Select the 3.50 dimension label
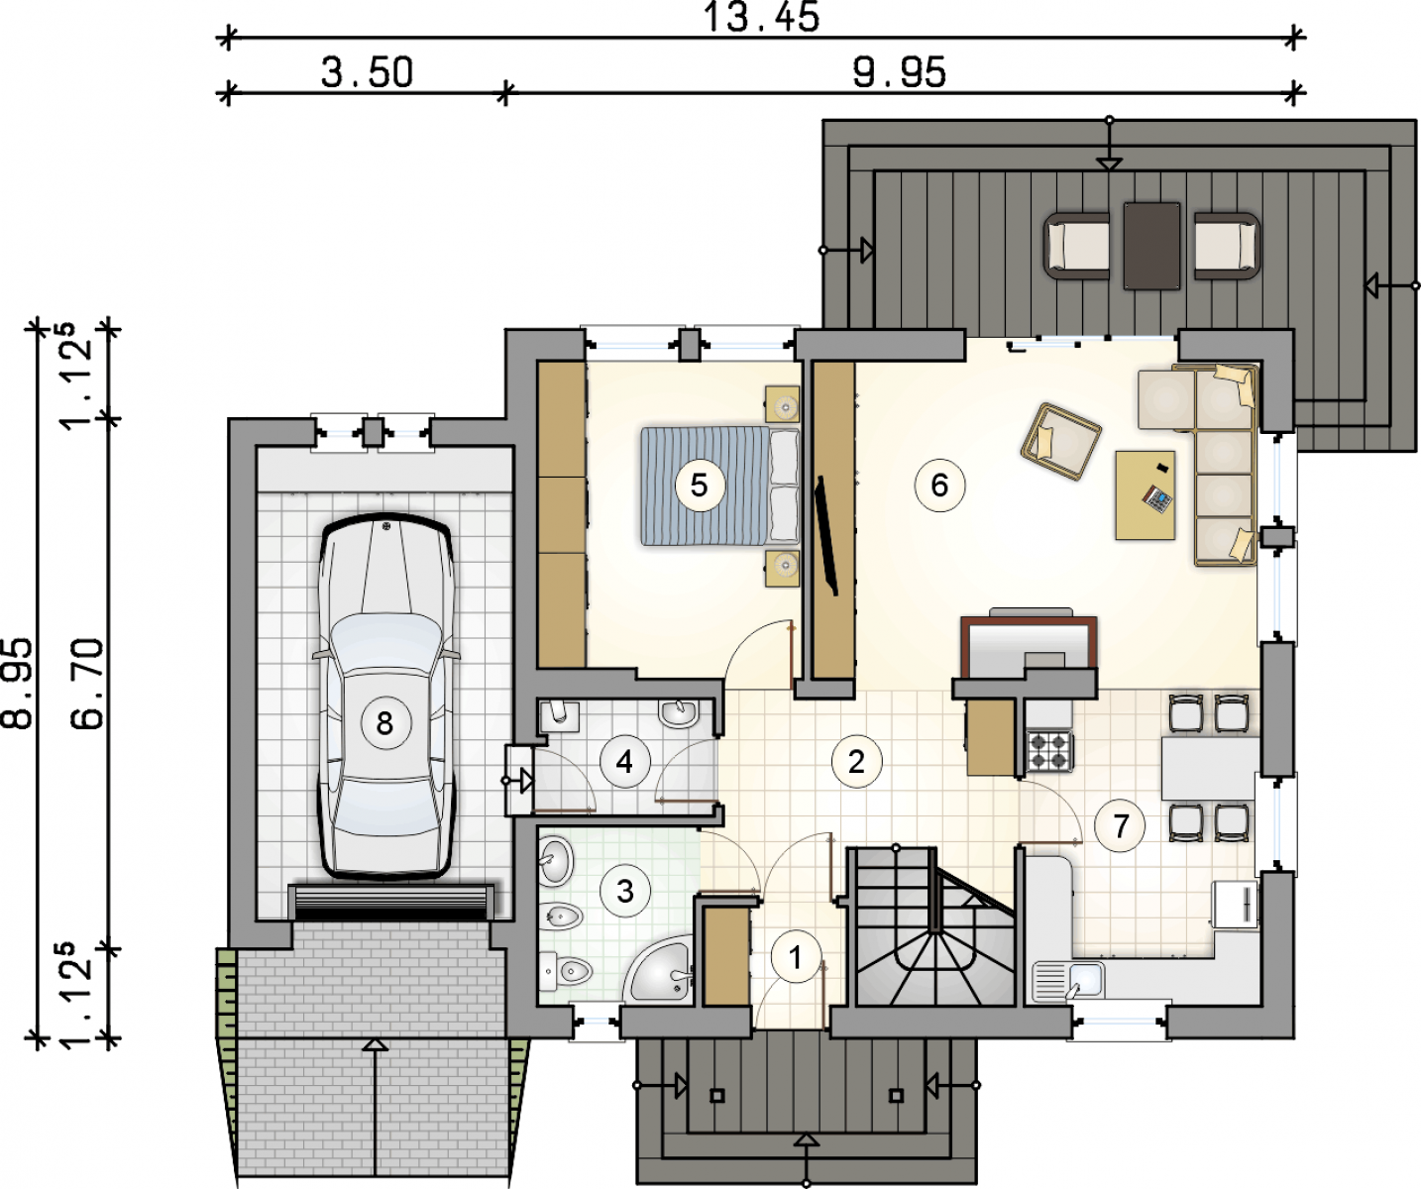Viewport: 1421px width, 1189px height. tap(367, 72)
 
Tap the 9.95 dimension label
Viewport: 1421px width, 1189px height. tap(899, 72)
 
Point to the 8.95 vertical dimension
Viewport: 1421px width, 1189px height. tap(17, 683)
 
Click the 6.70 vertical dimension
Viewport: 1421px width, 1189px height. tap(88, 683)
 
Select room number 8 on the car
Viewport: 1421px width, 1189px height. tap(384, 723)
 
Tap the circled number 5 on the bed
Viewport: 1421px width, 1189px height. tap(699, 486)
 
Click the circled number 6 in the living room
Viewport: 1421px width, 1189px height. tap(939, 486)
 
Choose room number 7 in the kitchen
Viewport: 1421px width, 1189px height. tap(1120, 826)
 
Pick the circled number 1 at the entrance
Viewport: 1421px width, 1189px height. tap(796, 957)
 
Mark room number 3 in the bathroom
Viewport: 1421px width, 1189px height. tap(624, 891)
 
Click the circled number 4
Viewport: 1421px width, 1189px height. tap(624, 762)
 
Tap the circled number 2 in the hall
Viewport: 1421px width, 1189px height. tap(856, 762)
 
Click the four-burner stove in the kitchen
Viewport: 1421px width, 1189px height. tap(1048, 751)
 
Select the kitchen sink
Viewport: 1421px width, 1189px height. tap(1068, 981)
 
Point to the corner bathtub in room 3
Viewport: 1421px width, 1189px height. tap(657, 970)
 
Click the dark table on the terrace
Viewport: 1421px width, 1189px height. tap(1151, 246)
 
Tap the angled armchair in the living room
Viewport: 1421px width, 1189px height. tap(1060, 442)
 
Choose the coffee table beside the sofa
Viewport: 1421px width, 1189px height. tap(1146, 494)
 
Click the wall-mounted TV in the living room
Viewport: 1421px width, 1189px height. tap(828, 536)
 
